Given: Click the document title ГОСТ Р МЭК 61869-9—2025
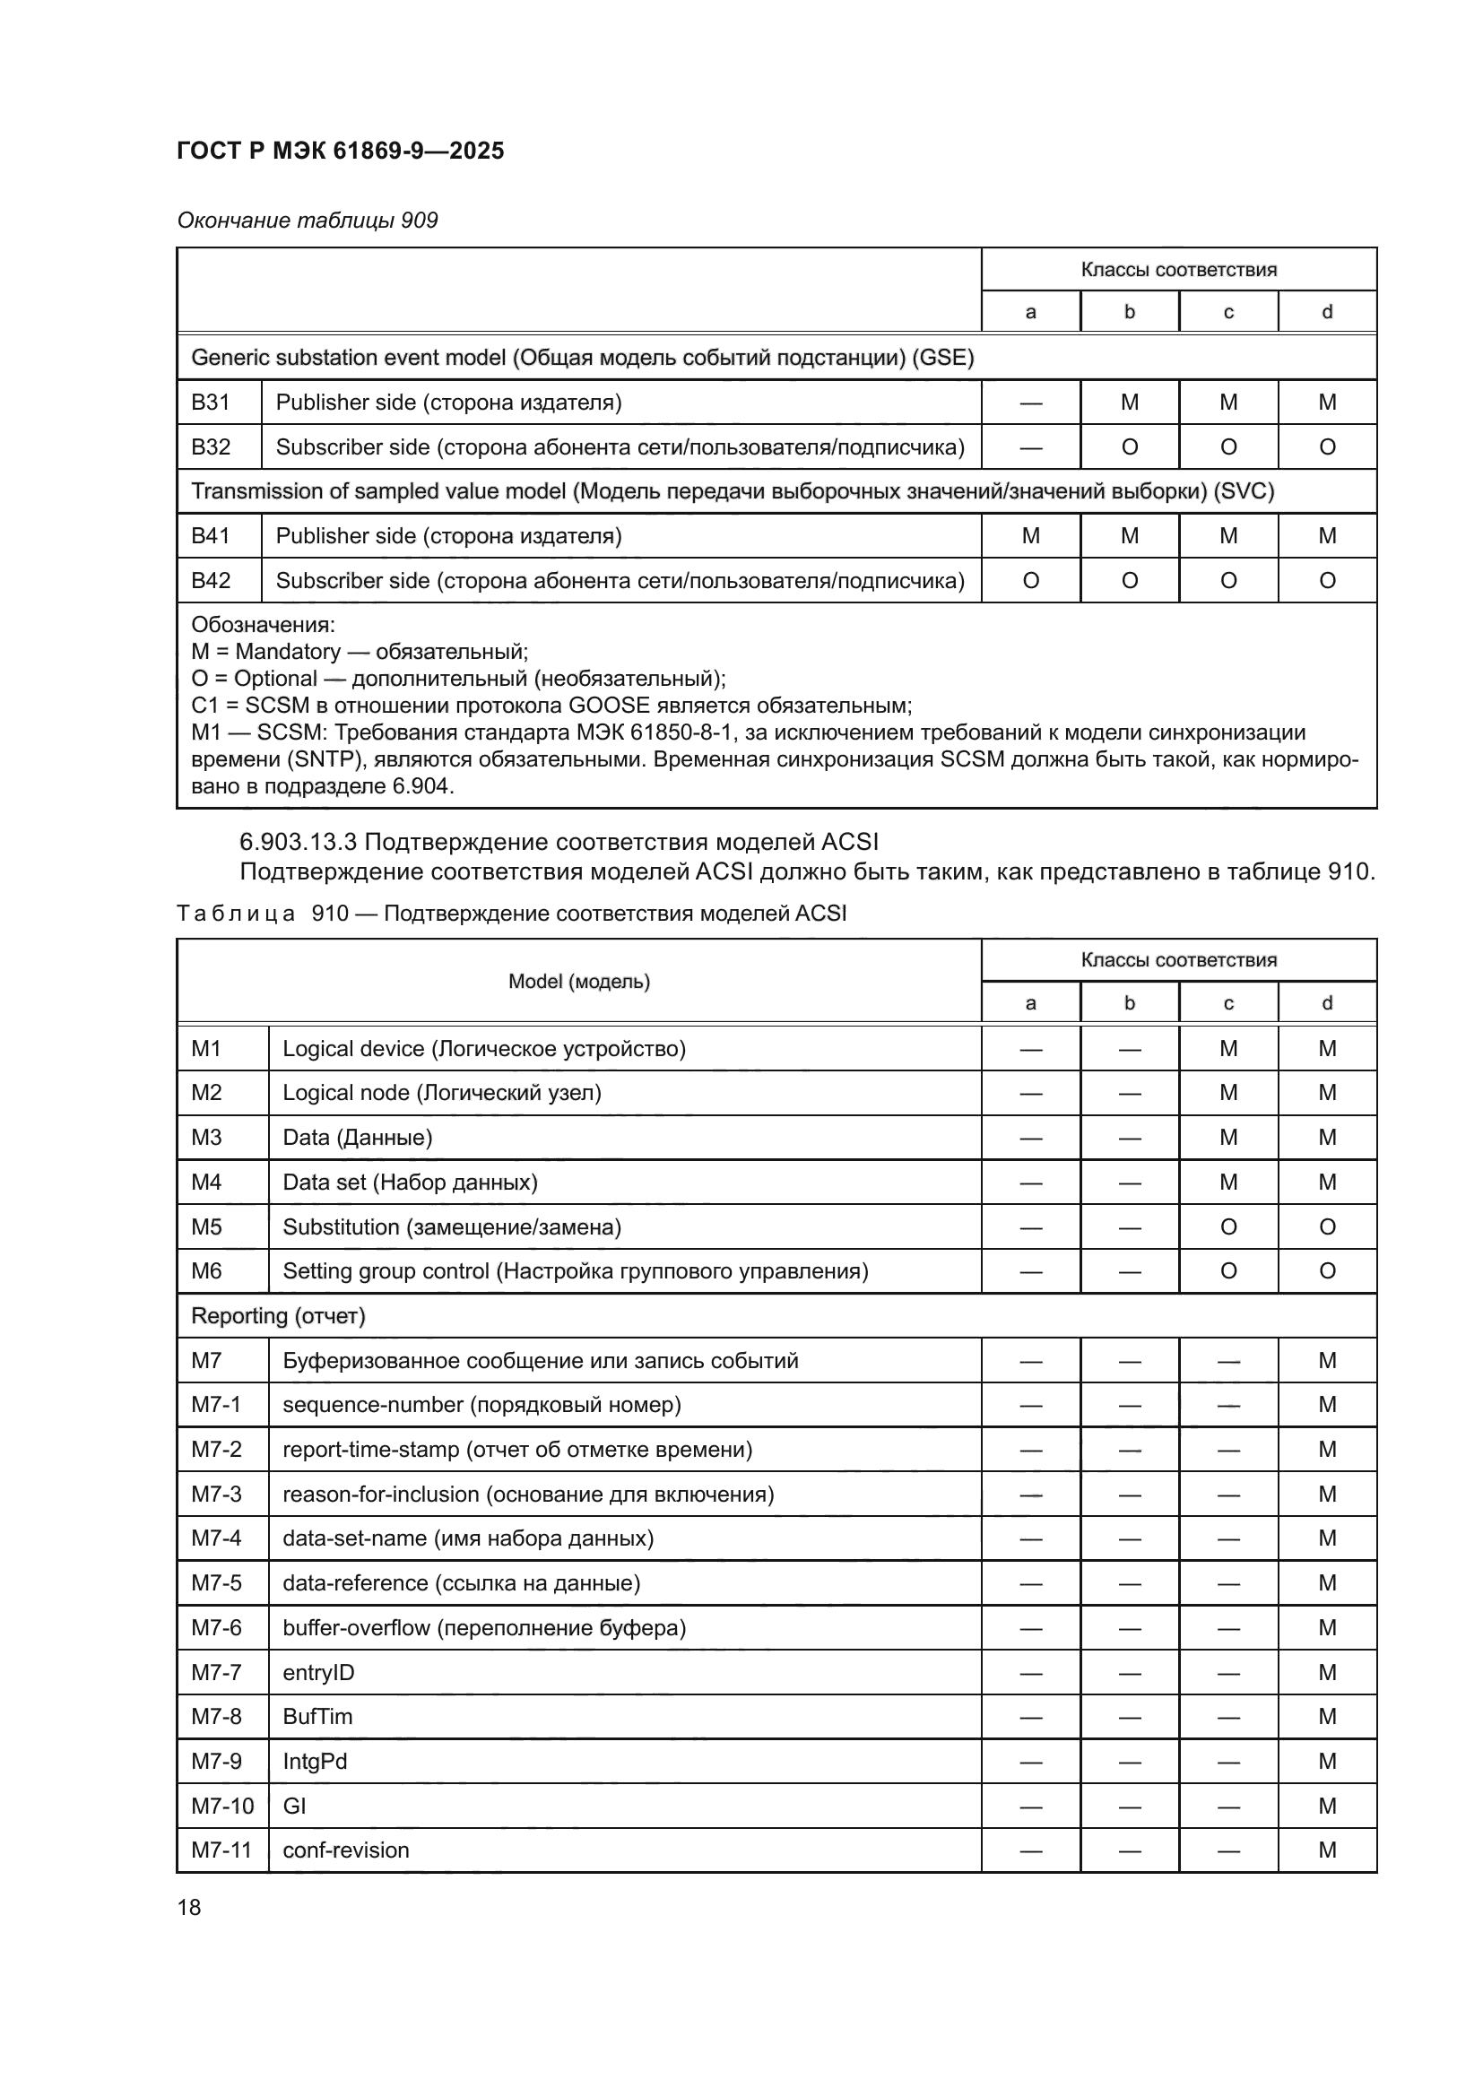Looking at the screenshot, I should pyautogui.click(x=340, y=151).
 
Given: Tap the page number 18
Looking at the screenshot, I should pyautogui.click(x=189, y=1907).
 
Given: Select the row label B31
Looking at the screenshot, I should pyautogui.click(x=211, y=403).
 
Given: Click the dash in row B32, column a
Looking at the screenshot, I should pyautogui.click(x=1030, y=447).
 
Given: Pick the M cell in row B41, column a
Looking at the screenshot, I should pyautogui.click(x=1030, y=536).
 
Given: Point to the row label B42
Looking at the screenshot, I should pyautogui.click(x=211, y=581).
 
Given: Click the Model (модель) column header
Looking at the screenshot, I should pyautogui.click(x=579, y=982).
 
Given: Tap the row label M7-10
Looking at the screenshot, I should pyautogui.click(x=221, y=1806).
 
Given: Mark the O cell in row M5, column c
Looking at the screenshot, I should pyautogui.click(x=1228, y=1226).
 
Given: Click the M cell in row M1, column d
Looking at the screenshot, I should pyautogui.click(x=1327, y=1049).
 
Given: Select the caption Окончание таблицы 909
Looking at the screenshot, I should pyautogui.click(x=308, y=221).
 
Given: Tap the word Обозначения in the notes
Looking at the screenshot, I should pyautogui.click(x=263, y=626).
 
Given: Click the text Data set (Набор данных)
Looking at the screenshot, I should pyautogui.click(x=410, y=1183).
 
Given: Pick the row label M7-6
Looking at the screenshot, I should pyautogui.click(x=216, y=1627).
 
